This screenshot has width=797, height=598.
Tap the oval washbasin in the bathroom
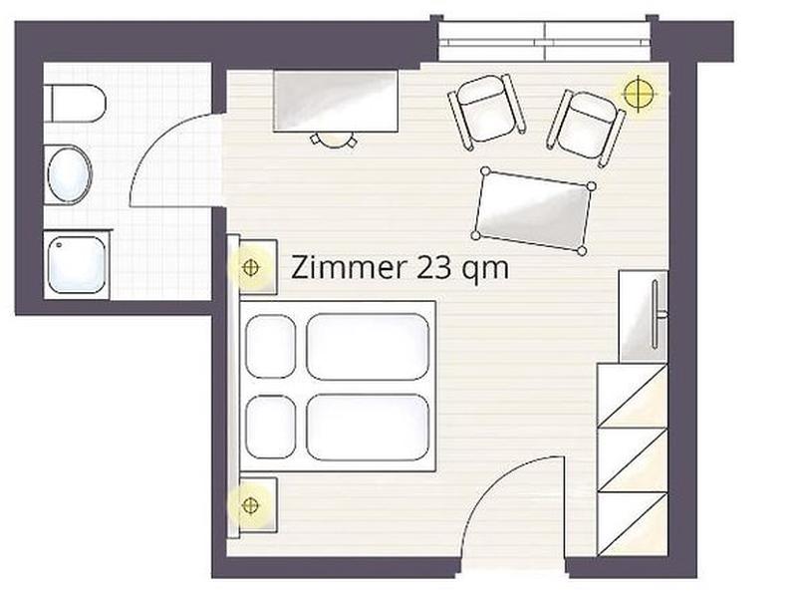click(x=69, y=175)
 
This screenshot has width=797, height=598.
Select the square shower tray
click(x=77, y=264)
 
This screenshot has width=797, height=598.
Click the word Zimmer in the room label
click(x=350, y=268)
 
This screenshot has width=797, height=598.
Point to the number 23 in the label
click(x=433, y=268)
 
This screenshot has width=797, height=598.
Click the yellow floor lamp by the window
click(x=639, y=93)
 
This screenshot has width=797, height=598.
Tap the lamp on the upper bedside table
click(x=251, y=267)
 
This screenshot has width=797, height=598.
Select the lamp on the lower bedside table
click(x=250, y=505)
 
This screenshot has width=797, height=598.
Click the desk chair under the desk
click(x=334, y=139)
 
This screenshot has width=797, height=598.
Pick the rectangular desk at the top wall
click(x=336, y=102)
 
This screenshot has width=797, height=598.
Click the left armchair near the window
click(x=487, y=111)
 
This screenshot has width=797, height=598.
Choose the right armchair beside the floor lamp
click(x=586, y=128)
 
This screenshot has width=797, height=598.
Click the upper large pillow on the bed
click(x=368, y=346)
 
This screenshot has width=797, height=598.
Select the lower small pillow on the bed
click(x=270, y=428)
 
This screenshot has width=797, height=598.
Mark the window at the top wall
click(x=544, y=42)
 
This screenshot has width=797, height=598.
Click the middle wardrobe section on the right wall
click(x=632, y=460)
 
